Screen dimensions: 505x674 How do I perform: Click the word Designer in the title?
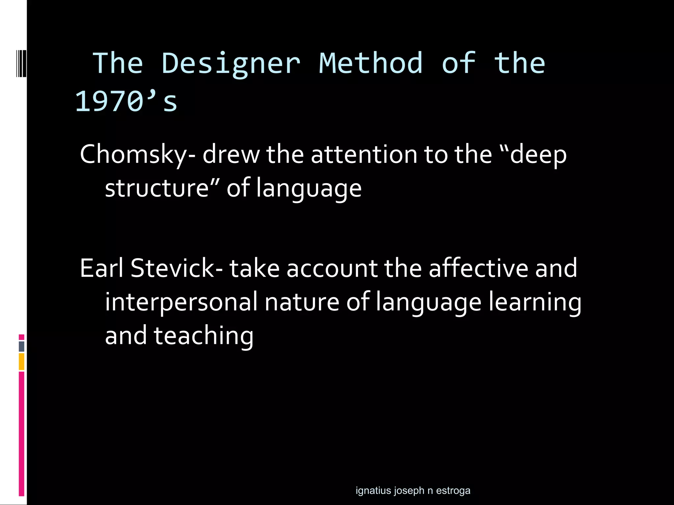tap(230, 63)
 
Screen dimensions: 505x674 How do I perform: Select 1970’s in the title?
tap(126, 101)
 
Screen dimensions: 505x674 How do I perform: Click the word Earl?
tap(102, 268)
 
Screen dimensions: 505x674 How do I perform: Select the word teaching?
tap(203, 336)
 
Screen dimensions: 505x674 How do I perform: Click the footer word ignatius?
tap(373, 491)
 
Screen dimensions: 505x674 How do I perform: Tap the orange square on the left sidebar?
tap(21, 361)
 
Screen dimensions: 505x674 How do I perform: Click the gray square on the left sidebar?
tap(21, 346)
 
